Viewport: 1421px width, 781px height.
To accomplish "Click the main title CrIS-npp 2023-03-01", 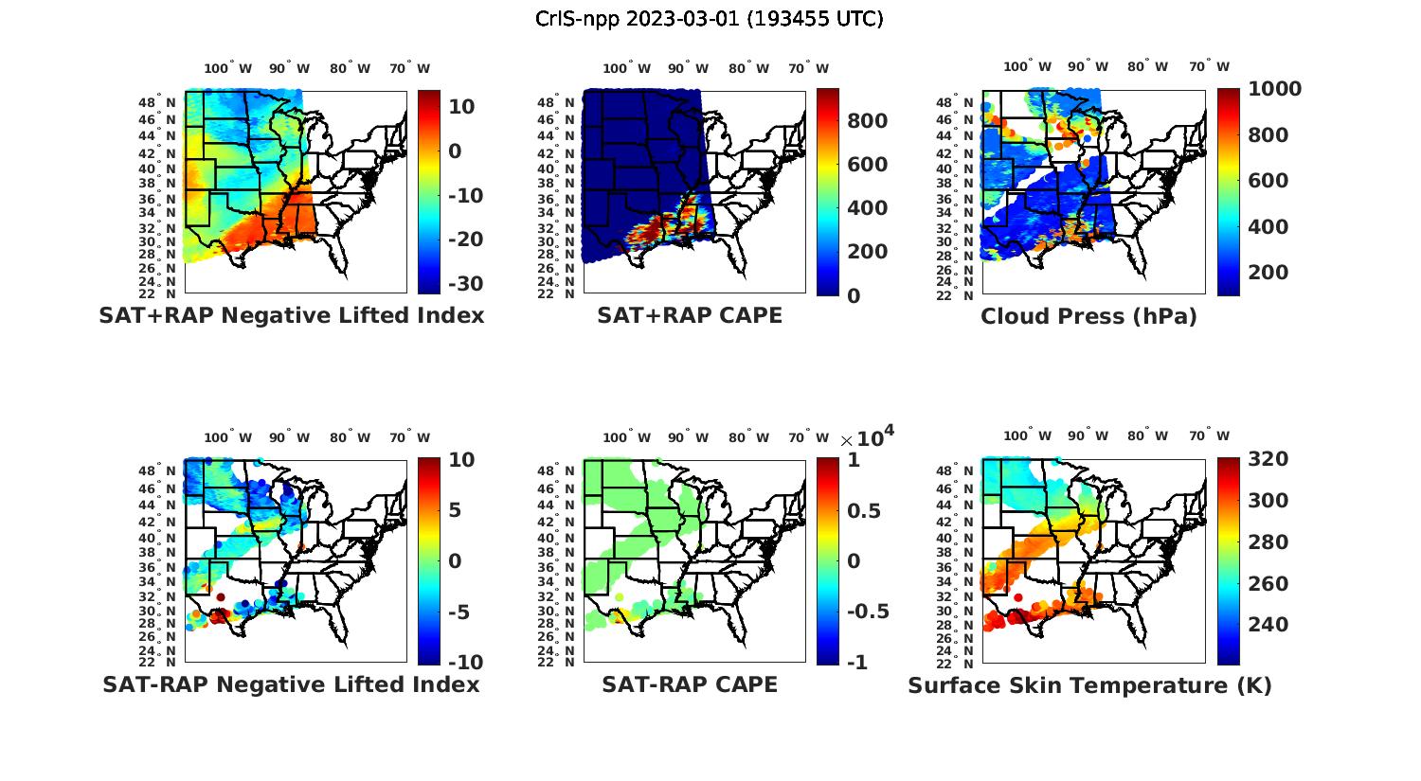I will tap(709, 19).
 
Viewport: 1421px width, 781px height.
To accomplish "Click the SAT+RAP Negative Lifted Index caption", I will tap(292, 315).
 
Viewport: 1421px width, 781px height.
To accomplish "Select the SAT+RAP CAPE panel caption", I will tap(690, 315).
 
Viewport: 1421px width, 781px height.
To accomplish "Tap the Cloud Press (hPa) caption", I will tap(1088, 316).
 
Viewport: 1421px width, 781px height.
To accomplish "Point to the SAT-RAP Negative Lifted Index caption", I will tap(292, 684).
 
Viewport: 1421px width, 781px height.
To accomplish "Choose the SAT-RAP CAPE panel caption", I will tap(690, 684).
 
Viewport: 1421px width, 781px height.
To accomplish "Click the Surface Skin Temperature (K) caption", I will tap(1089, 685).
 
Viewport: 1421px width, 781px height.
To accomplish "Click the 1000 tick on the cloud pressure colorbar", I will tap(1275, 89).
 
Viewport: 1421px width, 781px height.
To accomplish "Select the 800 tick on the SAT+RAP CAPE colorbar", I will tap(868, 121).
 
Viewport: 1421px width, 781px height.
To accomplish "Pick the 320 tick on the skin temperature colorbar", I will tap(1268, 459).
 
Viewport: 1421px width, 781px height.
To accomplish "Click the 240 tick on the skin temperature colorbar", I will tap(1268, 625).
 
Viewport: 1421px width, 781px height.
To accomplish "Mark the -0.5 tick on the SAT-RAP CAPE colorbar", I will tap(868, 612).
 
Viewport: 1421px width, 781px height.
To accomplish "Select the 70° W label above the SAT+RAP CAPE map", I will tap(808, 68).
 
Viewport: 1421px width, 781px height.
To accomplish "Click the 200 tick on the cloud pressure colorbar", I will tap(1268, 273).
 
